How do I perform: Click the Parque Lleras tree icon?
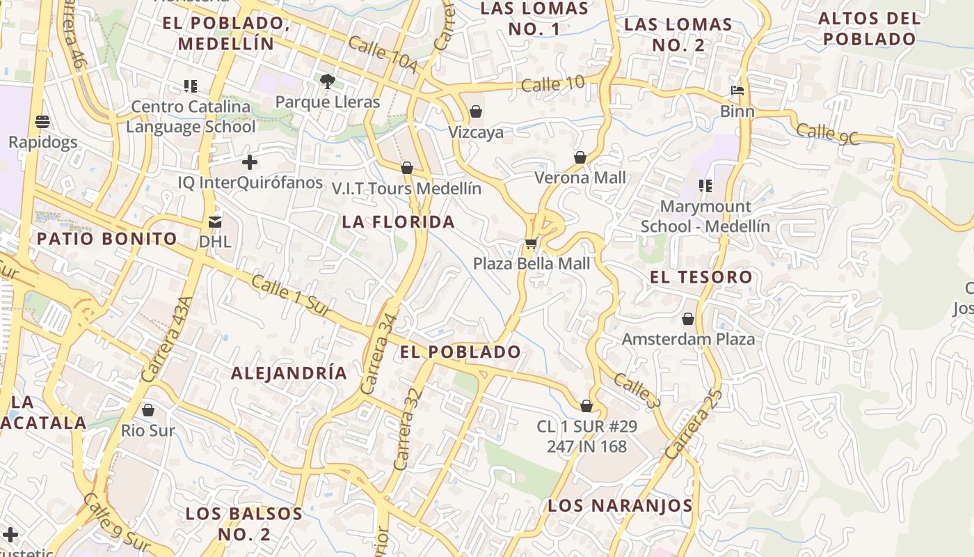tap(328, 81)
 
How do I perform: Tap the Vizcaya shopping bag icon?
tap(476, 111)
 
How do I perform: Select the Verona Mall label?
tap(580, 178)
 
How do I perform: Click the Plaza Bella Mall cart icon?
tap(531, 244)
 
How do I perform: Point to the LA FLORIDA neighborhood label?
tap(399, 222)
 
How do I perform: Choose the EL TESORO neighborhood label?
tap(701, 277)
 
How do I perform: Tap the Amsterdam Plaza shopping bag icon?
tap(688, 319)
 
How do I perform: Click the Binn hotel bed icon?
tap(737, 91)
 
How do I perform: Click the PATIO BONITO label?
tap(107, 239)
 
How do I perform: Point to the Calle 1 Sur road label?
tap(292, 297)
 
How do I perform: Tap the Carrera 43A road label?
tap(166, 339)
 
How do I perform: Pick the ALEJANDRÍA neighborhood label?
tap(289, 373)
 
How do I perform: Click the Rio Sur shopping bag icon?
tap(147, 410)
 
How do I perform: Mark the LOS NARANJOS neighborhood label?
tap(620, 506)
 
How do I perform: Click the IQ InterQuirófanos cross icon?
tap(250, 163)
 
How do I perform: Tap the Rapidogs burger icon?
tap(42, 122)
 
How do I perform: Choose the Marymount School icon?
tap(705, 186)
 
